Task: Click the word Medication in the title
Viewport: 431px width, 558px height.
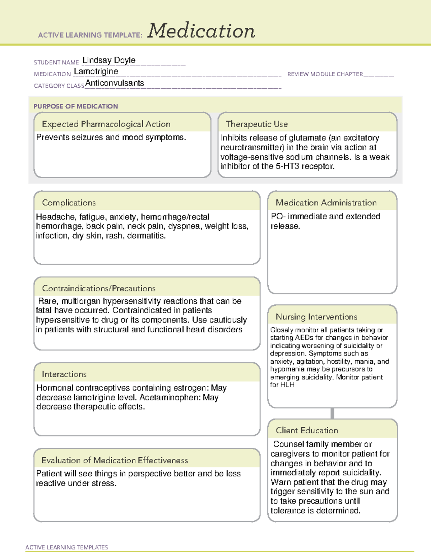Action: pyautogui.click(x=201, y=31)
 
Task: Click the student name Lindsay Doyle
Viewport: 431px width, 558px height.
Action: pyautogui.click(x=109, y=60)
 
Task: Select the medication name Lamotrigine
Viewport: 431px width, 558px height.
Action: pyautogui.click(x=96, y=72)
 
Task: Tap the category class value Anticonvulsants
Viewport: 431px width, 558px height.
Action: pyautogui.click(x=115, y=83)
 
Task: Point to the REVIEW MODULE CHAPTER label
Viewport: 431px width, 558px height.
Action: pyautogui.click(x=325, y=74)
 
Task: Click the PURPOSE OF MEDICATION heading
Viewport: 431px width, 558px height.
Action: pyautogui.click(x=76, y=106)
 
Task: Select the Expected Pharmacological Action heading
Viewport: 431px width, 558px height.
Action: pyautogui.click(x=106, y=124)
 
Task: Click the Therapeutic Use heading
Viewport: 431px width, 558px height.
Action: pyautogui.click(x=257, y=124)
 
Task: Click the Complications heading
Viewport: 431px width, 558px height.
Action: pyautogui.click(x=69, y=203)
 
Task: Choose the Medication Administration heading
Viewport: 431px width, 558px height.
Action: pyautogui.click(x=326, y=203)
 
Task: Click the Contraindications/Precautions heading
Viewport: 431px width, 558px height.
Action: pyautogui.click(x=99, y=288)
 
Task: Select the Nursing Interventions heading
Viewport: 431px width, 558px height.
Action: pyautogui.click(x=316, y=317)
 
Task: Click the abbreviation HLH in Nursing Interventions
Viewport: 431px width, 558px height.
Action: pyautogui.click(x=287, y=385)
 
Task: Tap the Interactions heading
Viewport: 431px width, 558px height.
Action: pyautogui.click(x=64, y=374)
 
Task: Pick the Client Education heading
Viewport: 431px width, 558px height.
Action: pyautogui.click(x=307, y=430)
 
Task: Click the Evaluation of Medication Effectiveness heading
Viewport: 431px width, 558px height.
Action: pyautogui.click(x=115, y=460)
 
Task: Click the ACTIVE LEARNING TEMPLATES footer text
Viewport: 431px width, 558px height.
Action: pyautogui.click(x=67, y=547)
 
